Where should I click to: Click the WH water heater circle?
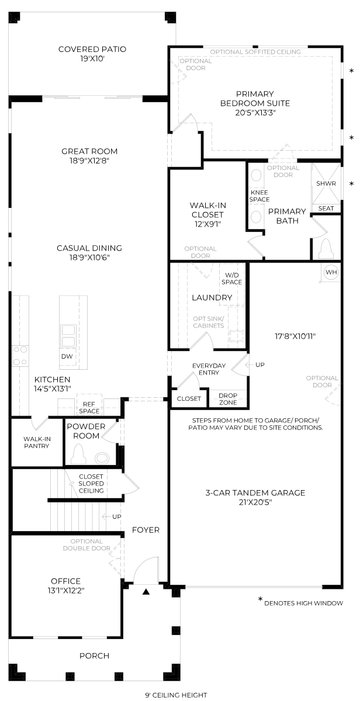331,272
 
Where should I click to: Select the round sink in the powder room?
102,458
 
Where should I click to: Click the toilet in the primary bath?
326,248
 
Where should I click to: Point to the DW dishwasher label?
67,356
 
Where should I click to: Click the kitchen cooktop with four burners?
20,356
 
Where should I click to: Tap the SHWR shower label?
326,183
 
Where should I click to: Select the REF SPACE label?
89,408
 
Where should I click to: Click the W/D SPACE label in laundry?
231,279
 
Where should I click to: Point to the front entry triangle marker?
146,592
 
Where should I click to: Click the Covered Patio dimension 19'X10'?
92,58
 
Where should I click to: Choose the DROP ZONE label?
228,398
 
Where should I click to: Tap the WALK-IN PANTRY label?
37,442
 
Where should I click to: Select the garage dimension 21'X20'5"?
255,502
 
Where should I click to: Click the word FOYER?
146,530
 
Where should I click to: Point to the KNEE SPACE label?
259,196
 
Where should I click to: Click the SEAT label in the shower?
326,209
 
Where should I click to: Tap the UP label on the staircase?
116,516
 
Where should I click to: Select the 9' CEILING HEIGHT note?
176,695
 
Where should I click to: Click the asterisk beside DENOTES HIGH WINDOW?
260,599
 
